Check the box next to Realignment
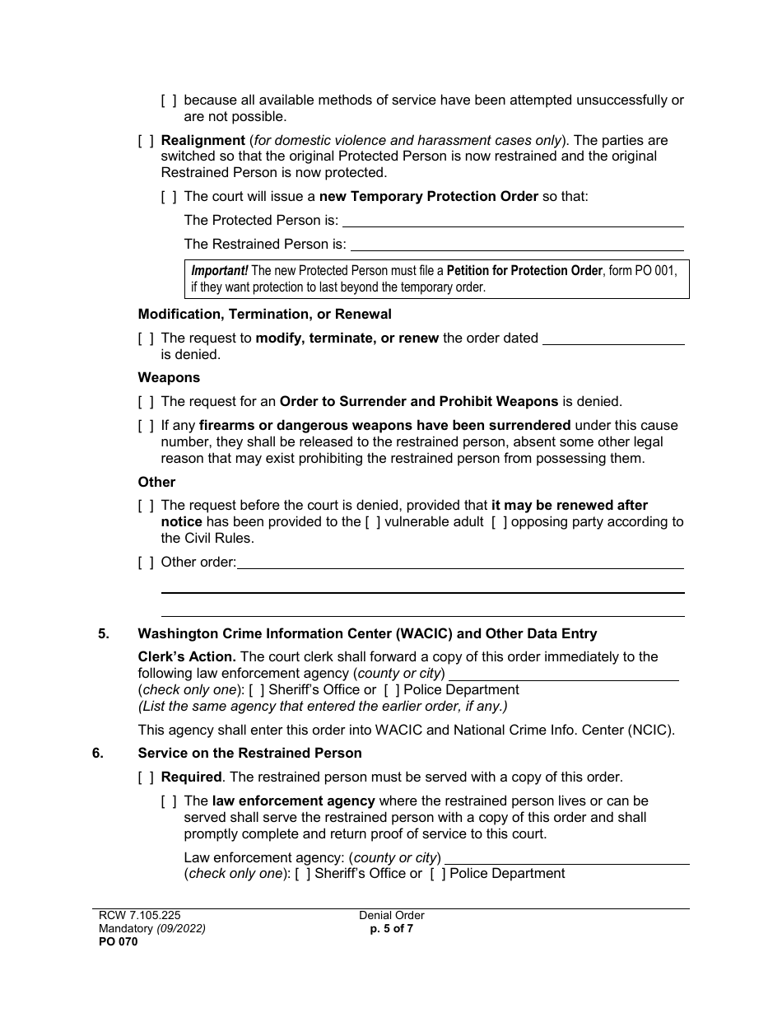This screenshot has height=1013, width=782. pos(146,141)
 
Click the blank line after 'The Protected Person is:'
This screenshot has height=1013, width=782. pos(512,221)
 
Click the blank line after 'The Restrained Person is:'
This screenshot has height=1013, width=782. pos(517,245)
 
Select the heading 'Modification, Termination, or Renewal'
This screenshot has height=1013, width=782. pos(264,315)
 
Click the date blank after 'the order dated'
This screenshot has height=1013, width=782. pos(614,338)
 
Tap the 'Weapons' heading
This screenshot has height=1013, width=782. pos(169,378)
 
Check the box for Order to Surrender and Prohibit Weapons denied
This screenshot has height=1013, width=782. pos(146,402)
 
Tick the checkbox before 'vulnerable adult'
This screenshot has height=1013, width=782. pos(373,522)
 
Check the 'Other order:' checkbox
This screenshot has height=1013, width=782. pos(146,563)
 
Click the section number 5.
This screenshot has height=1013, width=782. pos(103,634)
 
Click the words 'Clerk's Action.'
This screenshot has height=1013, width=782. pos(187,657)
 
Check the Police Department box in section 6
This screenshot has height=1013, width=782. pos(438,874)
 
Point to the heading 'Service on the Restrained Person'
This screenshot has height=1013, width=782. pos(249,754)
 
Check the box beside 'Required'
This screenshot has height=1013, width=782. pos(146,777)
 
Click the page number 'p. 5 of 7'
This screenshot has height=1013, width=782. pos(391,929)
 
